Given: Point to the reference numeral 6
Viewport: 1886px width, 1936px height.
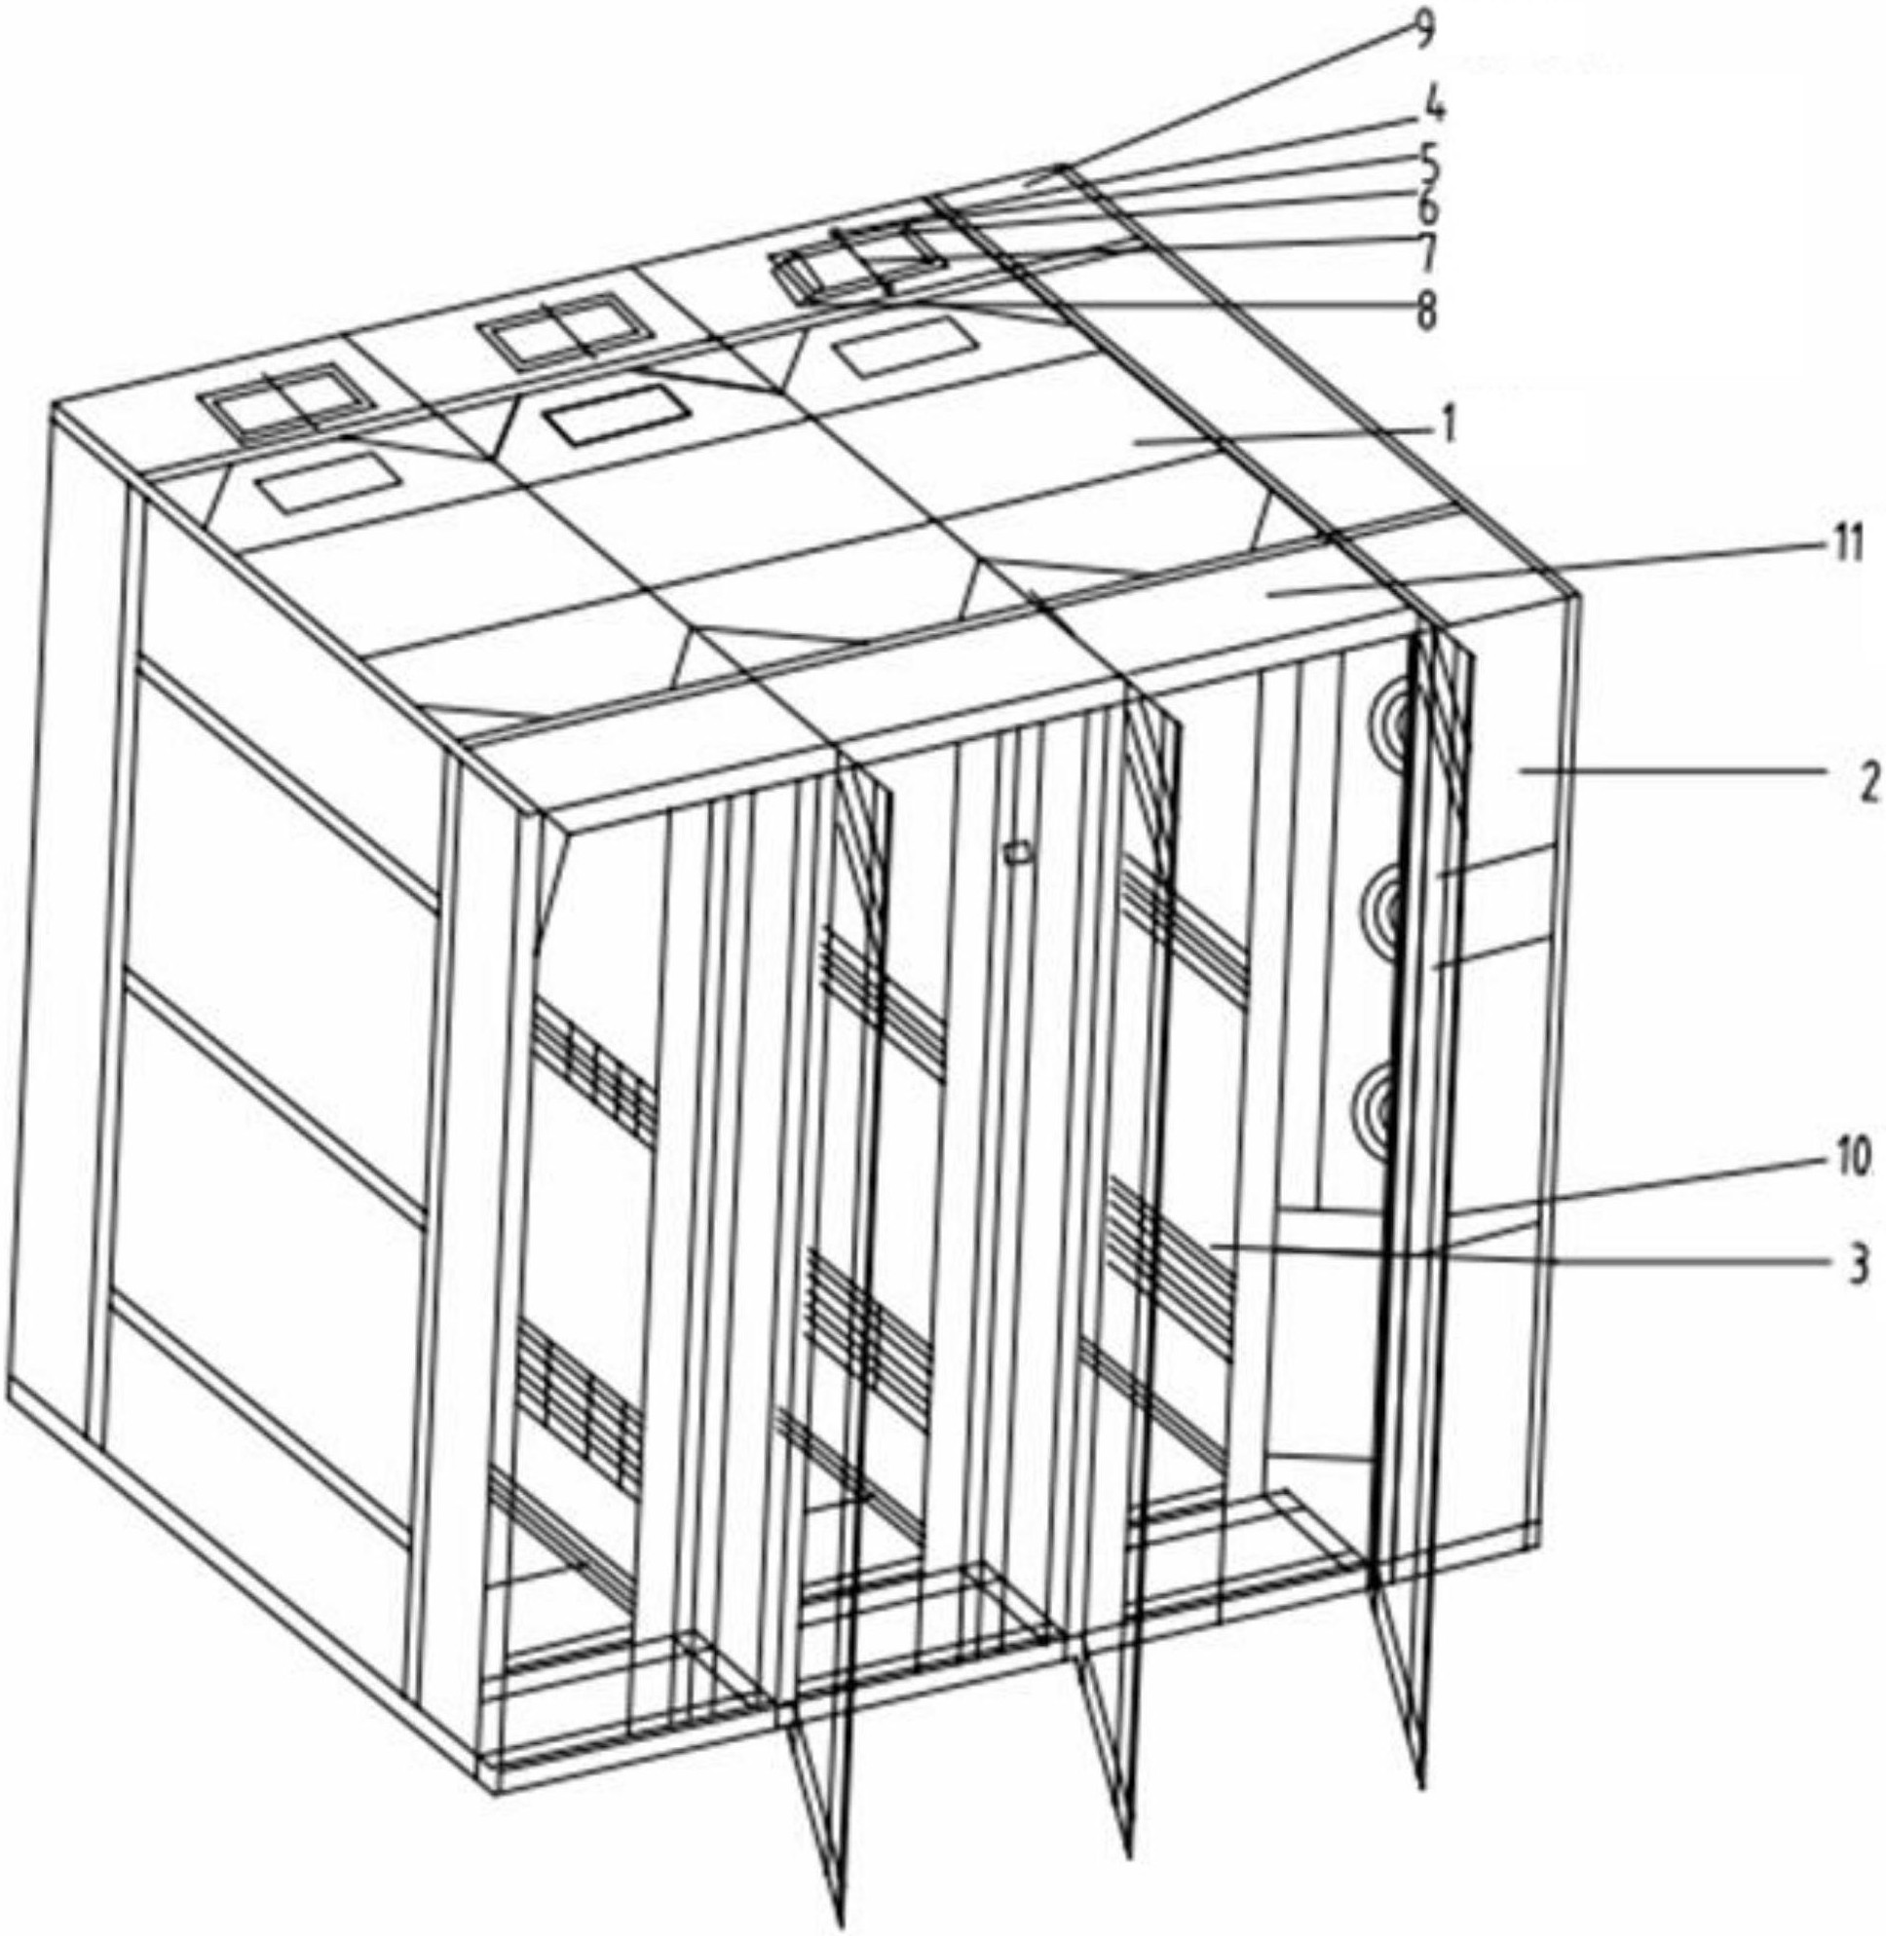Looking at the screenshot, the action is click(x=1427, y=208).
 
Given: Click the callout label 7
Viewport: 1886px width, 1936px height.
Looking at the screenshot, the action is click(x=1427, y=254).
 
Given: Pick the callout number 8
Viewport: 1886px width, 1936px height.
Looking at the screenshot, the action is click(x=1425, y=309).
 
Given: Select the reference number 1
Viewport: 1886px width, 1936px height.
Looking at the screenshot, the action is click(x=1449, y=428).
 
